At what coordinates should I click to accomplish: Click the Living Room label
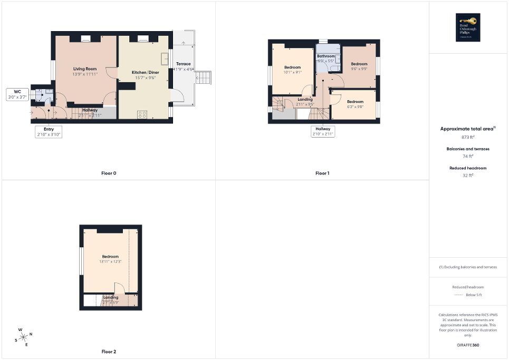point(84,69)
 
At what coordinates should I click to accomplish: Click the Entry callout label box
point(49,132)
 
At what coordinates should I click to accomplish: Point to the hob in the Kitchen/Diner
point(142,113)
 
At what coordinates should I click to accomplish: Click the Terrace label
point(183,64)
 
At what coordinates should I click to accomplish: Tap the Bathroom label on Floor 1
point(326,56)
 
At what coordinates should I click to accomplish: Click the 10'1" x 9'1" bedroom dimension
point(292,72)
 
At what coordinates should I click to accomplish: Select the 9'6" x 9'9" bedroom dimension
point(359,69)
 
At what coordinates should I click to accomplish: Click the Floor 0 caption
point(109,173)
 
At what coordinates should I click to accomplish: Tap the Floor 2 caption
point(109,351)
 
